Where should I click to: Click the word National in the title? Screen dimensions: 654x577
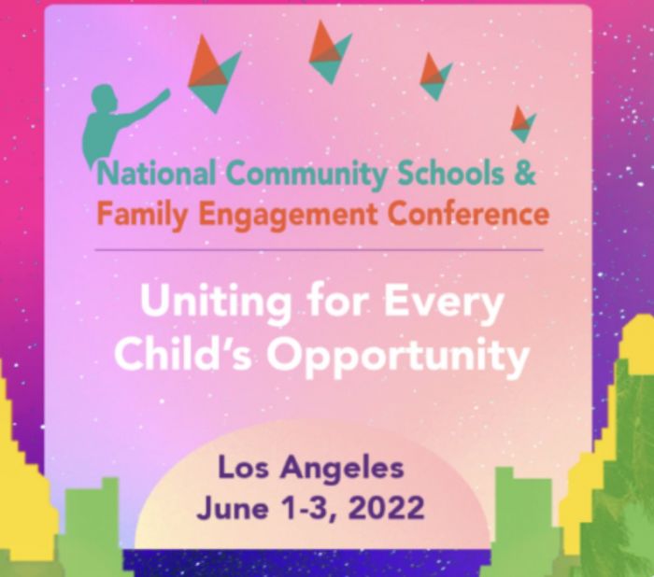tap(157, 173)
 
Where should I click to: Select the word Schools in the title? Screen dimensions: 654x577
tap(450, 173)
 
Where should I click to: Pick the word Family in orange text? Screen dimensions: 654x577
tap(142, 216)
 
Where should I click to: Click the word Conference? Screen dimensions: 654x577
tap(468, 214)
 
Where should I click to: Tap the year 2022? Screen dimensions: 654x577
tap(387, 508)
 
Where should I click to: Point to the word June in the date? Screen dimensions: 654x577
tap(233, 508)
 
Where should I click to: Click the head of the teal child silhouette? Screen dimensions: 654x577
tap(104, 98)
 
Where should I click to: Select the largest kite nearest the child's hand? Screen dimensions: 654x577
tap(214, 74)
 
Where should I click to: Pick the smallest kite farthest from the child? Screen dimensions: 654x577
tap(524, 124)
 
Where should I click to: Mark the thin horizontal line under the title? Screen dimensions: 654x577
tap(320, 250)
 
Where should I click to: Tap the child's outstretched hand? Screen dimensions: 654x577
tap(164, 94)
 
